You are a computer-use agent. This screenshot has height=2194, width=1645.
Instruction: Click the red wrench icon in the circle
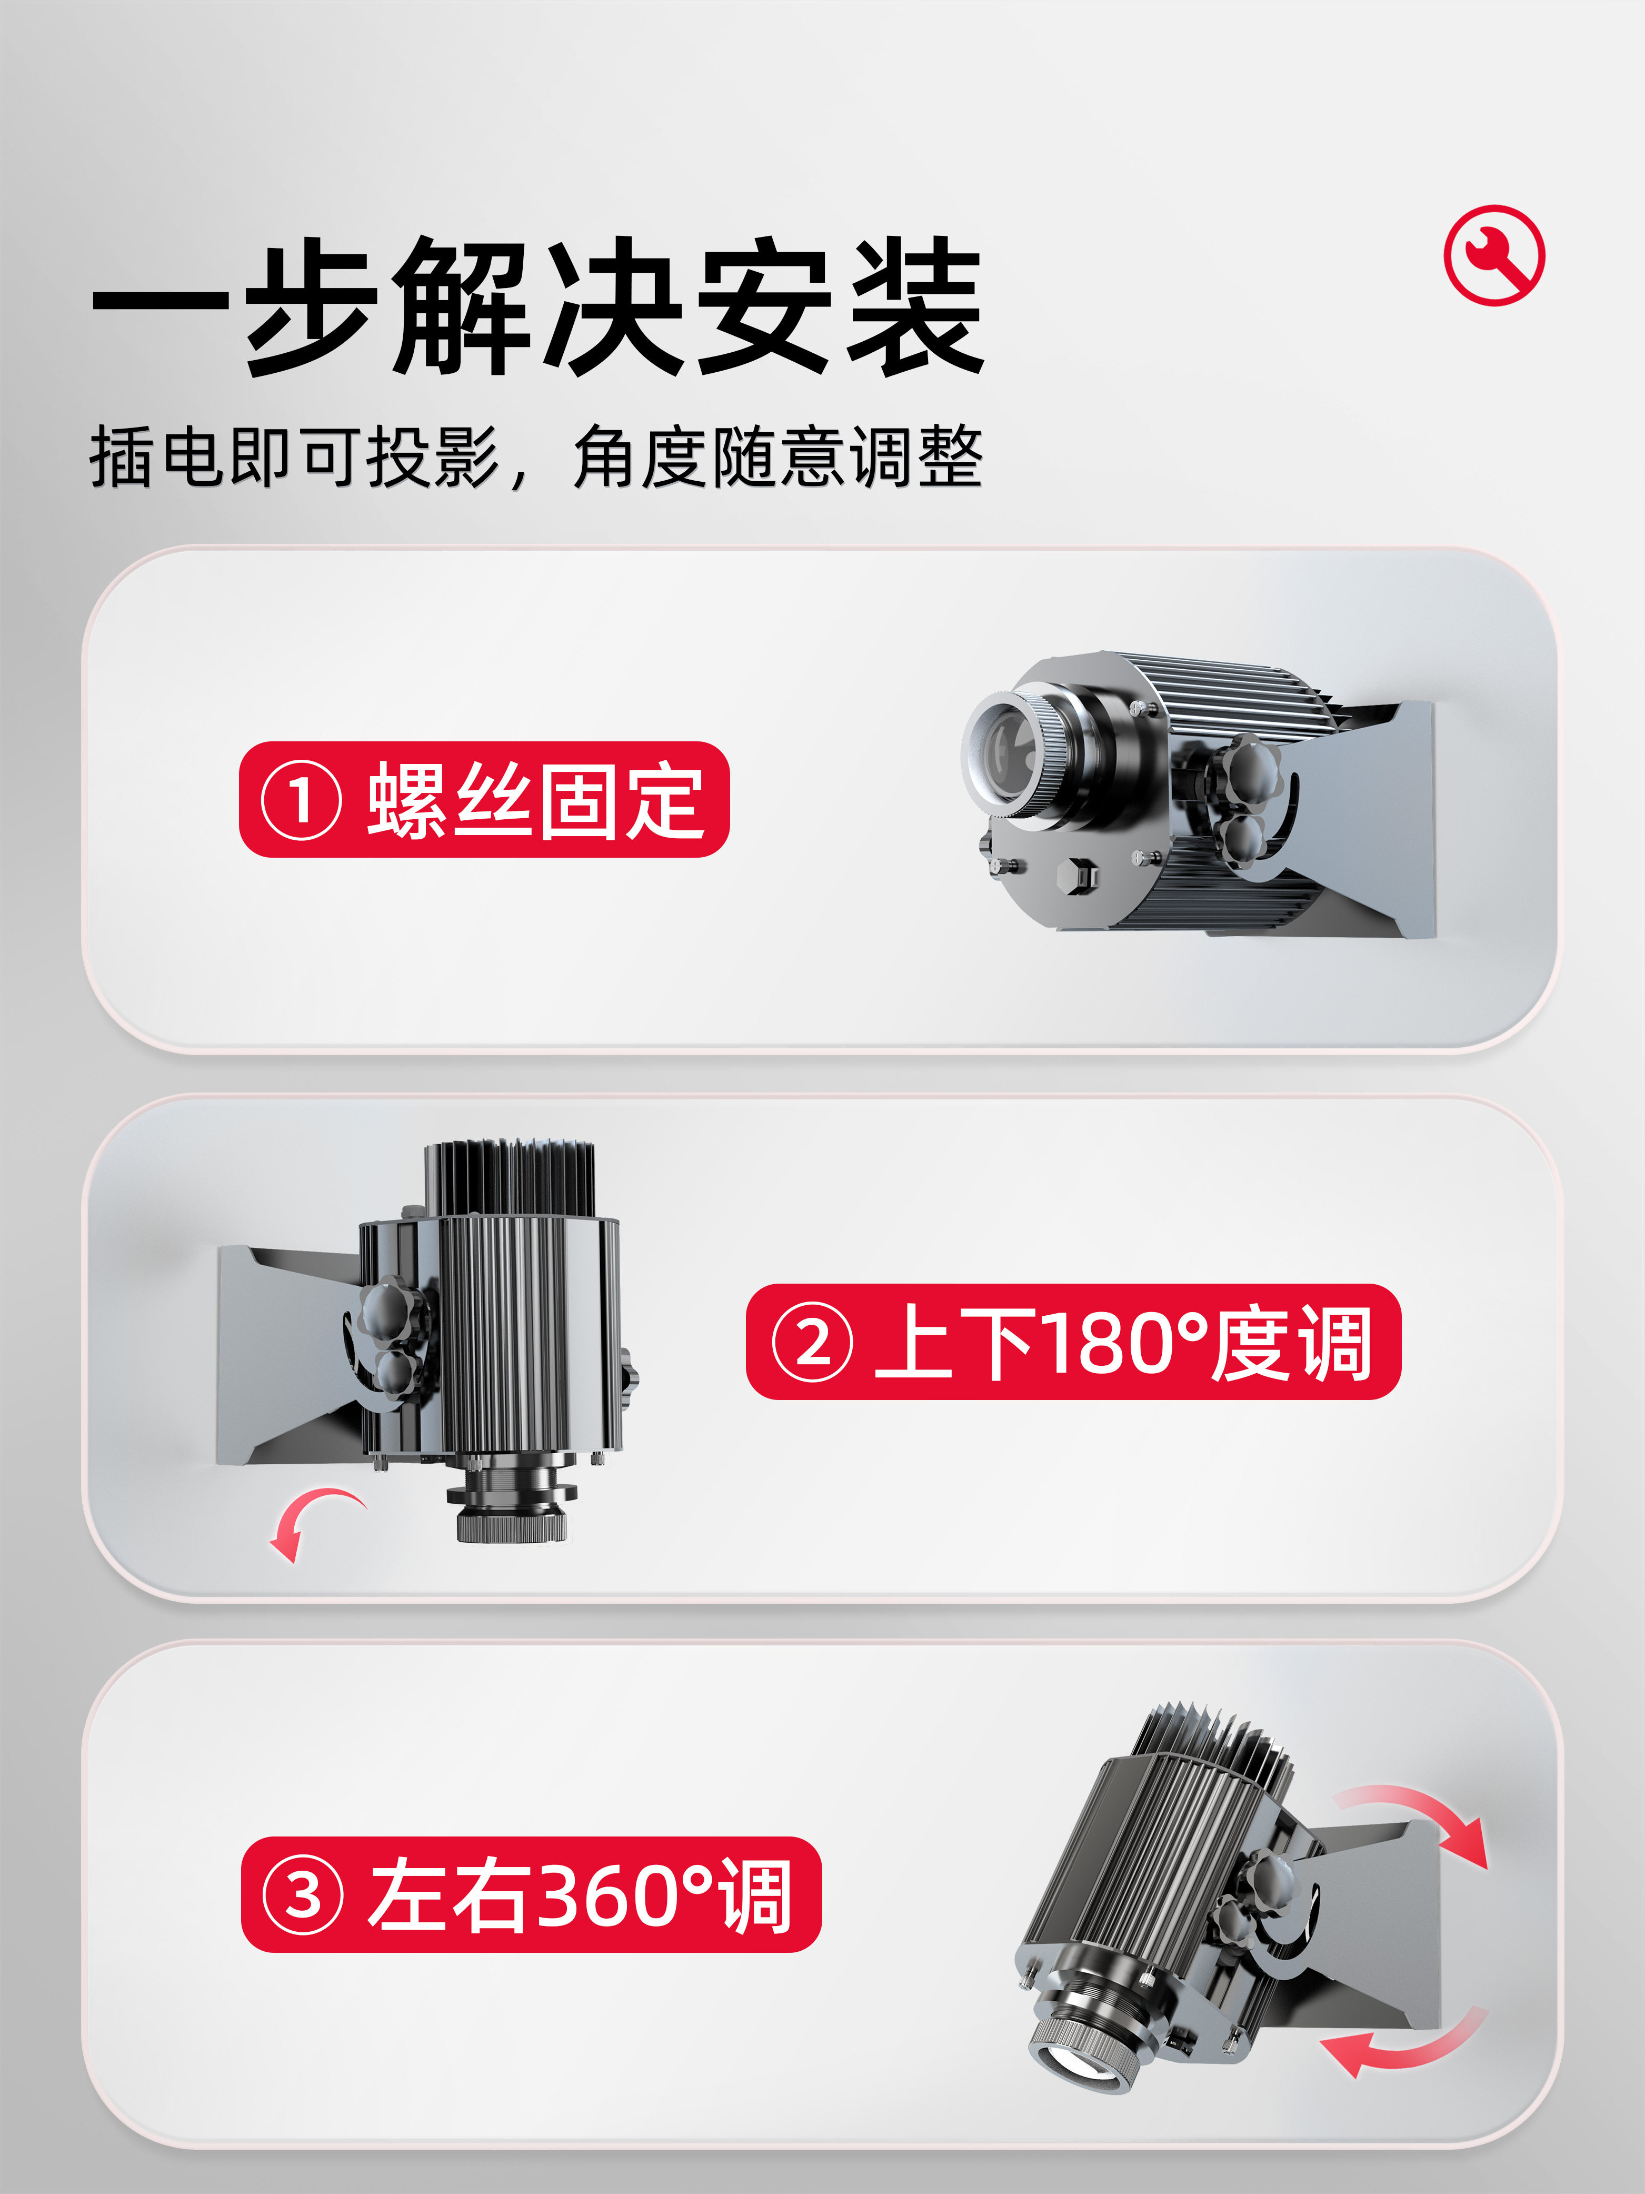pyautogui.click(x=1493, y=255)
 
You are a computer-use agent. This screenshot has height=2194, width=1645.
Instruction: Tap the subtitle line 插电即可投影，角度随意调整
pyautogui.click(x=535, y=457)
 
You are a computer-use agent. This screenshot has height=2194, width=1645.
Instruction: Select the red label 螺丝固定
pyautogui.click(x=484, y=799)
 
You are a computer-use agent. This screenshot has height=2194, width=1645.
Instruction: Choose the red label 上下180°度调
pyautogui.click(x=1073, y=1342)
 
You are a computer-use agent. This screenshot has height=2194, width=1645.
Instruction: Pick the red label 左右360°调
pyautogui.click(x=532, y=1894)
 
